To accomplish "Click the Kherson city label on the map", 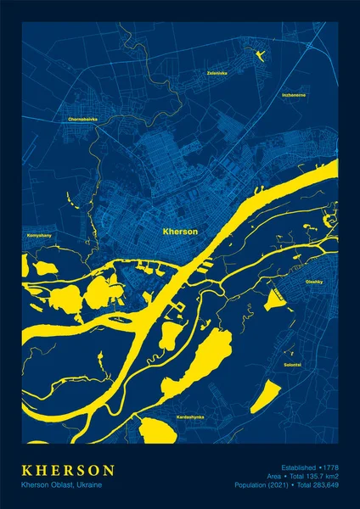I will point(179,231).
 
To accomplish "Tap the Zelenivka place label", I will point(217,73).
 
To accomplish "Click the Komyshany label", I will point(39,234).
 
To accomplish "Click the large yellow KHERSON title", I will point(68,469).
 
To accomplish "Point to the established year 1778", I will point(330,467).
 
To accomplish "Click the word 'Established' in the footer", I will point(297,467).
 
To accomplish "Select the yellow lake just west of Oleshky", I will point(275,298).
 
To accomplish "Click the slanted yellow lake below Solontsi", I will point(265,396).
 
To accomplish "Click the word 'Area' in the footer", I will point(273,476).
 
